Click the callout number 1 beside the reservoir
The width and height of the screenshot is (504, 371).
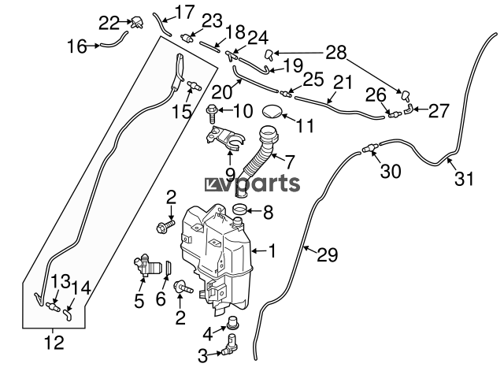(x=272, y=252)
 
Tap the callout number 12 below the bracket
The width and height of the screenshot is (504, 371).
(x=54, y=343)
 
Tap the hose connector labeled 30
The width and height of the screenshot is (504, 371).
(x=369, y=147)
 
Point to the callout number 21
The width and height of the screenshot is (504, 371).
(x=341, y=82)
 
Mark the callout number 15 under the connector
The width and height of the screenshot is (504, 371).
(x=182, y=112)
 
